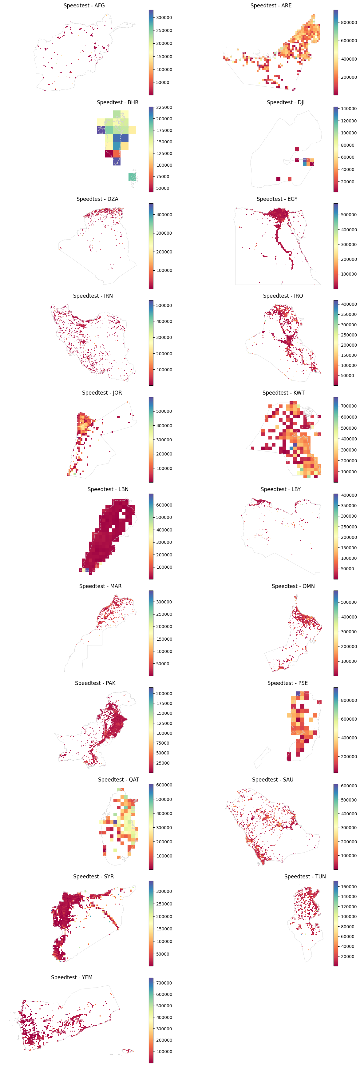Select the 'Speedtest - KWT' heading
283,393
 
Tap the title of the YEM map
72,977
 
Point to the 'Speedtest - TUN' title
305,877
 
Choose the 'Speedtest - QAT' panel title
118,780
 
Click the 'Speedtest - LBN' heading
108,489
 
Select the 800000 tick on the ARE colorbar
348,23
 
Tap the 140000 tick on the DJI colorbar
348,109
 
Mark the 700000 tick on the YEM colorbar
164,983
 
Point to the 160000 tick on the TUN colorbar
348,887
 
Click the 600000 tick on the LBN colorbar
164,505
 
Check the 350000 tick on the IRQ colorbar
348,315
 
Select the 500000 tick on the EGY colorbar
348,215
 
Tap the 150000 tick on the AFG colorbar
164,57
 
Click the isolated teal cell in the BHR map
132,177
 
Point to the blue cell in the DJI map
305,163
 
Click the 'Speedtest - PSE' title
287,683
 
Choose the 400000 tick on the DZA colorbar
164,215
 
